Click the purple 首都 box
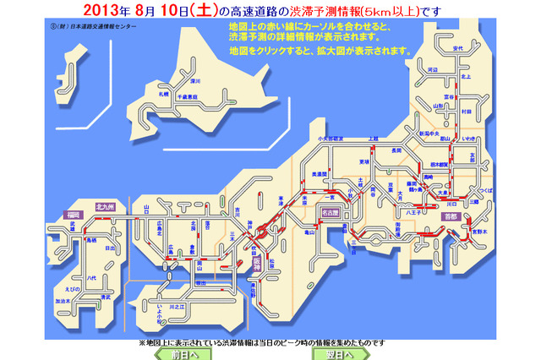pos(450,216)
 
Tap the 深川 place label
pos(194,81)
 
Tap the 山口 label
pos(147,207)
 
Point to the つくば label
pos(484,194)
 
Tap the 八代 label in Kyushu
pos(78,275)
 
